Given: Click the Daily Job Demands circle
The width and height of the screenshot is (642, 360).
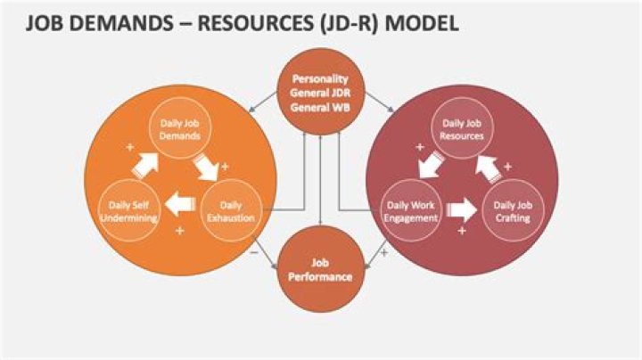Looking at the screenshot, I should [179, 134].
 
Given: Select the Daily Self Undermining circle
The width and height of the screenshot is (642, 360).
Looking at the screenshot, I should [129, 212].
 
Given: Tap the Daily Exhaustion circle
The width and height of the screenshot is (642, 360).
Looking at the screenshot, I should [231, 211].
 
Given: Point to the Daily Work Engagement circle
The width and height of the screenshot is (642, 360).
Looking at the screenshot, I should [411, 211].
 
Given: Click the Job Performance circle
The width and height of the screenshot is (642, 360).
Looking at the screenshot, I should [319, 270].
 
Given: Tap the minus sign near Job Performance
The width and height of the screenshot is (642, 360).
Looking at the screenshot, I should [257, 252].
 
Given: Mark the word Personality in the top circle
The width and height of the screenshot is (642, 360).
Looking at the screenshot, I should [319, 78].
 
